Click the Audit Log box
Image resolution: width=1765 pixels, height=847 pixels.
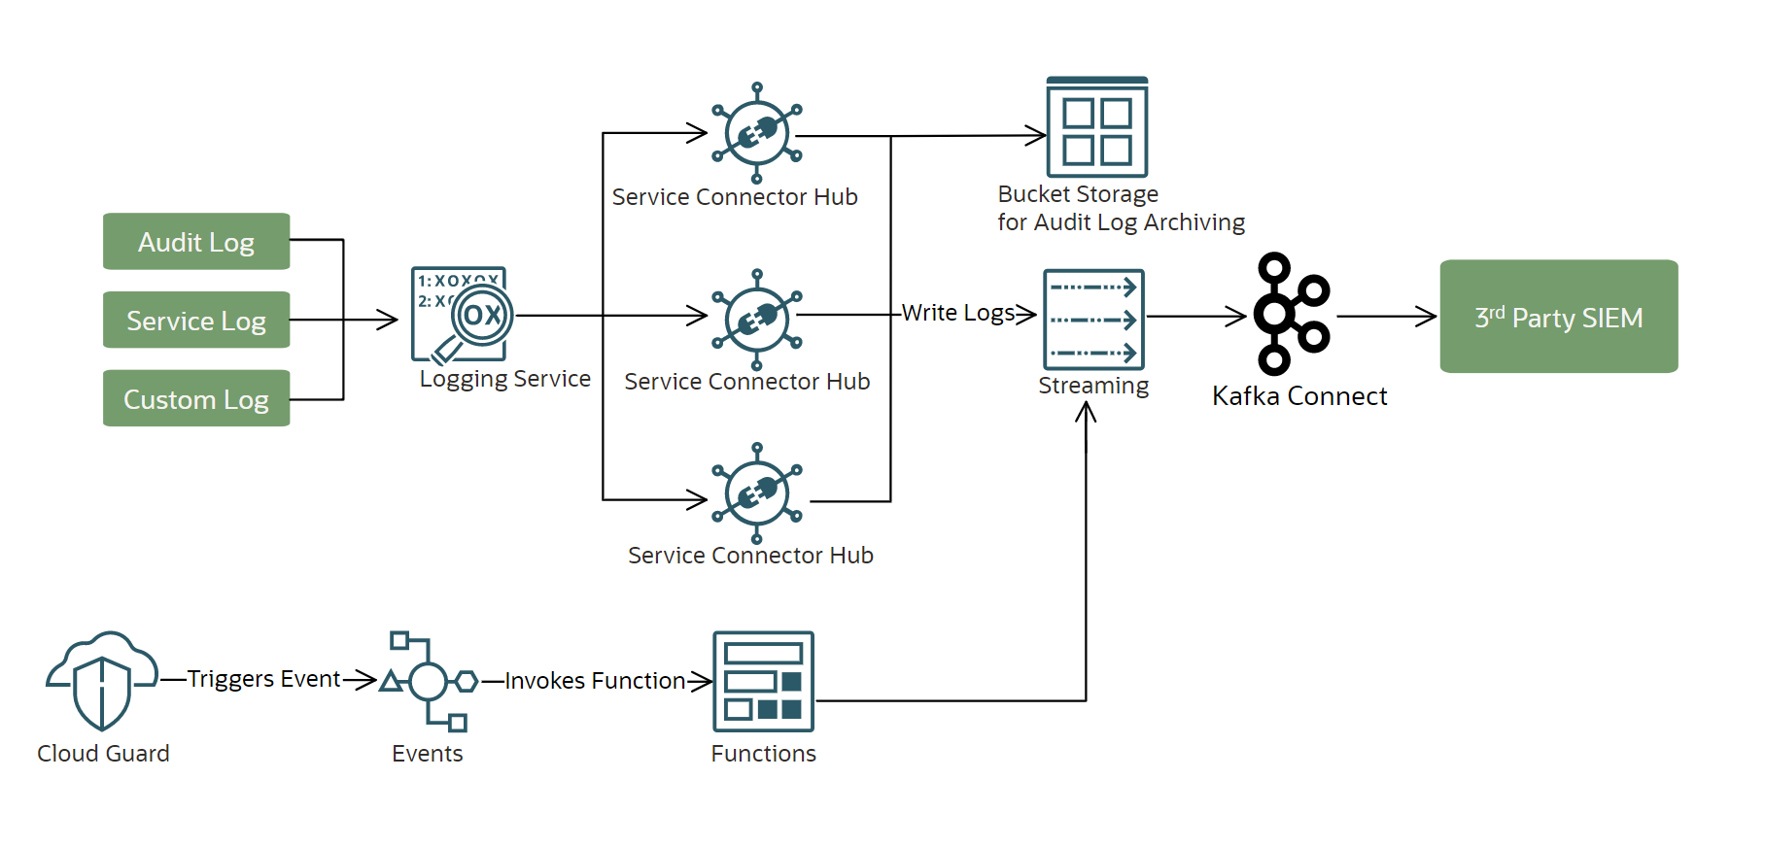tap(196, 241)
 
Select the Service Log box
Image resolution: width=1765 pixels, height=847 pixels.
tap(196, 320)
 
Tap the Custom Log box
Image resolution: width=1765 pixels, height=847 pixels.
tap(196, 398)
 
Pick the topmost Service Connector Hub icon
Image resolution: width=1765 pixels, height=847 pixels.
tap(756, 133)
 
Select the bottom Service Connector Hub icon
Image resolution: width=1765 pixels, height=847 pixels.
tap(756, 493)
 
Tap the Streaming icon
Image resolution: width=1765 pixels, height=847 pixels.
tap(1093, 320)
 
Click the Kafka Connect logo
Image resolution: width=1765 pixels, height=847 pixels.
tap(1290, 314)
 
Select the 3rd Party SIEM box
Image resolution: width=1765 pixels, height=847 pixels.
tap(1558, 317)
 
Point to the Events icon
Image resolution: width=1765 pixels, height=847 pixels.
tap(429, 681)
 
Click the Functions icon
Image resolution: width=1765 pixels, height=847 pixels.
tap(763, 681)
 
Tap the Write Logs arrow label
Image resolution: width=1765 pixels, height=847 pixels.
tap(957, 313)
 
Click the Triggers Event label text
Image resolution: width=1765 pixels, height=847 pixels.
tap(263, 679)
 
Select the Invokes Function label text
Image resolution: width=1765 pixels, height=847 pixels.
tap(595, 681)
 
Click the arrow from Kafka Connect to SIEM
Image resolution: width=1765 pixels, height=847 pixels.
tap(1386, 316)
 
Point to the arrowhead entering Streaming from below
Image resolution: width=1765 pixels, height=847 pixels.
tap(1086, 412)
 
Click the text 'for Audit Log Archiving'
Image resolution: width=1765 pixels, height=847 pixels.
tap(1121, 222)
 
